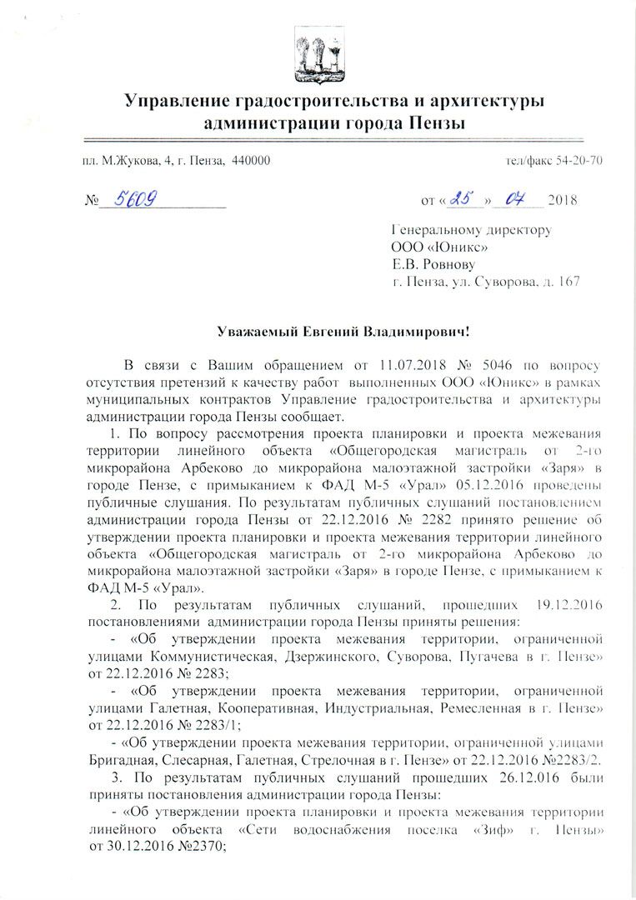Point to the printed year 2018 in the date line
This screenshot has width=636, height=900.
click(562, 201)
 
